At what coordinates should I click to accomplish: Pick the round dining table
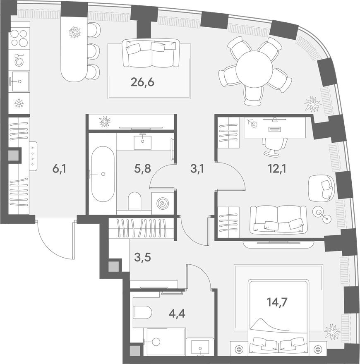tap(254, 68)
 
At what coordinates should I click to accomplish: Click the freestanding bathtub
tap(103, 174)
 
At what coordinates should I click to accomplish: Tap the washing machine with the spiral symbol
tap(162, 203)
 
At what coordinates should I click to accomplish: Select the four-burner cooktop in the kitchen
tap(19, 38)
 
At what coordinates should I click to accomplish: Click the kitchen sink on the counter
tap(19, 81)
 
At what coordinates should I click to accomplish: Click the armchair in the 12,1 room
tap(322, 188)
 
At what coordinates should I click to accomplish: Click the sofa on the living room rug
tap(151, 53)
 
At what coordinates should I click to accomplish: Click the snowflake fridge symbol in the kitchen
tap(19, 103)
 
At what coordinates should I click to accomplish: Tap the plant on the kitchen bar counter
tap(74, 32)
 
